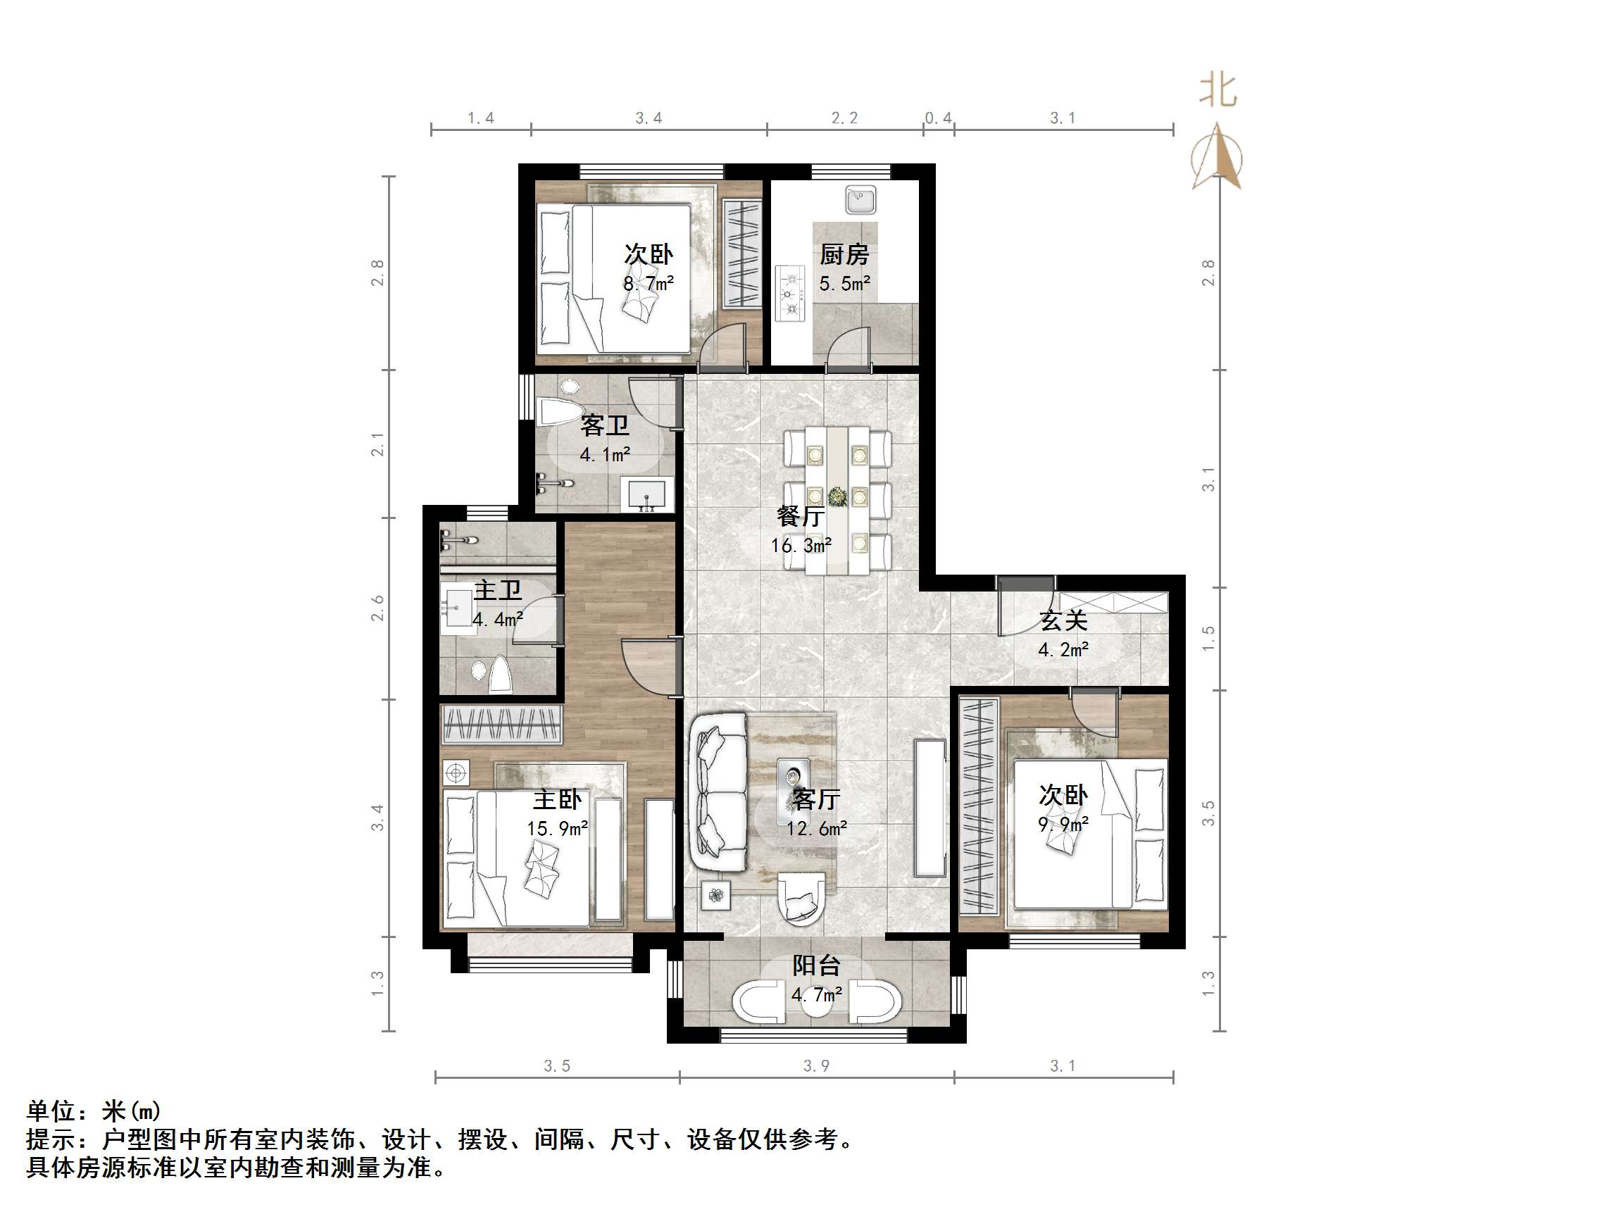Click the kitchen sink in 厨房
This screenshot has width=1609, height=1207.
pyautogui.click(x=860, y=200)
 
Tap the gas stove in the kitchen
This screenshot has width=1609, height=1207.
pyautogui.click(x=790, y=294)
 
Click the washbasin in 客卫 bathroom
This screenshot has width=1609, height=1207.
pyautogui.click(x=646, y=496)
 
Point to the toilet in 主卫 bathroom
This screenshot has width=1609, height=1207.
pyautogui.click(x=500, y=675)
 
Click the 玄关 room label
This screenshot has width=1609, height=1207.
pyautogui.click(x=1063, y=620)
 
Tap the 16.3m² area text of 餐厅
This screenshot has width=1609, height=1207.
pyautogui.click(x=801, y=545)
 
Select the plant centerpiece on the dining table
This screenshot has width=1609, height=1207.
pyautogui.click(x=838, y=497)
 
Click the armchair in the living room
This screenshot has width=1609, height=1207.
pyautogui.click(x=801, y=899)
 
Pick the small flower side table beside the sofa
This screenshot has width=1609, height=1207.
pyautogui.click(x=715, y=896)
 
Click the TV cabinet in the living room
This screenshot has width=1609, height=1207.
pyautogui.click(x=929, y=808)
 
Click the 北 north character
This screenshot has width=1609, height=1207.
pyautogui.click(x=1217, y=92)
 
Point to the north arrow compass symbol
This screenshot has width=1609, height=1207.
pyautogui.click(x=1217, y=156)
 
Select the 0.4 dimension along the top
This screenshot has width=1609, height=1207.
pyautogui.click(x=939, y=118)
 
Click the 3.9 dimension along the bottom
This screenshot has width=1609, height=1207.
pyautogui.click(x=816, y=1066)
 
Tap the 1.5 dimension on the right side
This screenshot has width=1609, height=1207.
pyautogui.click(x=1208, y=638)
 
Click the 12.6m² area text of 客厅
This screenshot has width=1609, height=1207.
pyautogui.click(x=816, y=828)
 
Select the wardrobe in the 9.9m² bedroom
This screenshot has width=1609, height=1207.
pyautogui.click(x=977, y=805)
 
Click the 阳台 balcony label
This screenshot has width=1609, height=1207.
pyautogui.click(x=816, y=965)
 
